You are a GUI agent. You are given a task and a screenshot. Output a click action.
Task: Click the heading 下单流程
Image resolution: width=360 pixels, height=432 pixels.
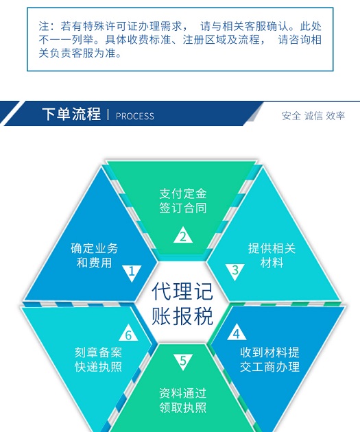pyautogui.click(x=71, y=114)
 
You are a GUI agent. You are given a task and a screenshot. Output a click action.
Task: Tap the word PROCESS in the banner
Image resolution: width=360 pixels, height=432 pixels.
pyautogui.click(x=134, y=116)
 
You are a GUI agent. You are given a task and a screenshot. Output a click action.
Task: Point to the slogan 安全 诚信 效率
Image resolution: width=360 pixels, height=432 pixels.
pyautogui.click(x=313, y=116)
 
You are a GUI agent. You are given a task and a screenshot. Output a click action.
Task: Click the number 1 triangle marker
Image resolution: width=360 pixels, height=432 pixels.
pyautogui.click(x=132, y=273)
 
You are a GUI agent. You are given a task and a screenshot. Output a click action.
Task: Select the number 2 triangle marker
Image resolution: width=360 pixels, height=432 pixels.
pyautogui.click(x=183, y=235)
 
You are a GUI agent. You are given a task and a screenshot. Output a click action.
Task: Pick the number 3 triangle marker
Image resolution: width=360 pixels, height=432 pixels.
pyautogui.click(x=235, y=272)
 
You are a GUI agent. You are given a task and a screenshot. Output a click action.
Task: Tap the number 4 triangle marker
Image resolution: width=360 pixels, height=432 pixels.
pyautogui.click(x=237, y=332)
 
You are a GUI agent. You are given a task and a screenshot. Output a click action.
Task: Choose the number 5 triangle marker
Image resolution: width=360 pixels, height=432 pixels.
pyautogui.click(x=183, y=362)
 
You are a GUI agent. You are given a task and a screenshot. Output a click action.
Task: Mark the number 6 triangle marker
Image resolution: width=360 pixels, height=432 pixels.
pyautogui.click(x=128, y=333)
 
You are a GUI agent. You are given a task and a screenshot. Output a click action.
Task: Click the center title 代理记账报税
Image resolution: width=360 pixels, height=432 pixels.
pyautogui.click(x=182, y=303)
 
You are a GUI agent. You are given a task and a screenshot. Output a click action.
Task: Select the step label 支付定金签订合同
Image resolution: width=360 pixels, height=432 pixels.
pyautogui.click(x=183, y=201)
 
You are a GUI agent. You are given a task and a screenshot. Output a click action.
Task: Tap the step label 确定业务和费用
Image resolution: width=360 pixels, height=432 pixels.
pyautogui.click(x=94, y=255)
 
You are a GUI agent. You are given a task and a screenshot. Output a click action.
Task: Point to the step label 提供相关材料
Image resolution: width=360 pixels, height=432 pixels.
pyautogui.click(x=272, y=255)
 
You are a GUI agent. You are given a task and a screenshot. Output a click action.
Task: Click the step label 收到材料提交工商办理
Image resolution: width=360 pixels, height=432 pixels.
pyautogui.click(x=269, y=359)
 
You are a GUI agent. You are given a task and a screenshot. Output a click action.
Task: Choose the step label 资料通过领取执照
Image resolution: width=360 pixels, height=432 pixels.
pyautogui.click(x=183, y=400)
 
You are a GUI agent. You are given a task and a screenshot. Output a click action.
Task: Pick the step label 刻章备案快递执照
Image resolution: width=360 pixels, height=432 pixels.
pyautogui.click(x=98, y=359)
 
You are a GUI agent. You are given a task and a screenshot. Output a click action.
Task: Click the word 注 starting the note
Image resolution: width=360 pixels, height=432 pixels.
pyautogui.click(x=44, y=26)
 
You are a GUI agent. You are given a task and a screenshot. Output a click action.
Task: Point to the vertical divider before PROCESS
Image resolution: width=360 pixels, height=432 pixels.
pyautogui.click(x=108, y=115)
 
